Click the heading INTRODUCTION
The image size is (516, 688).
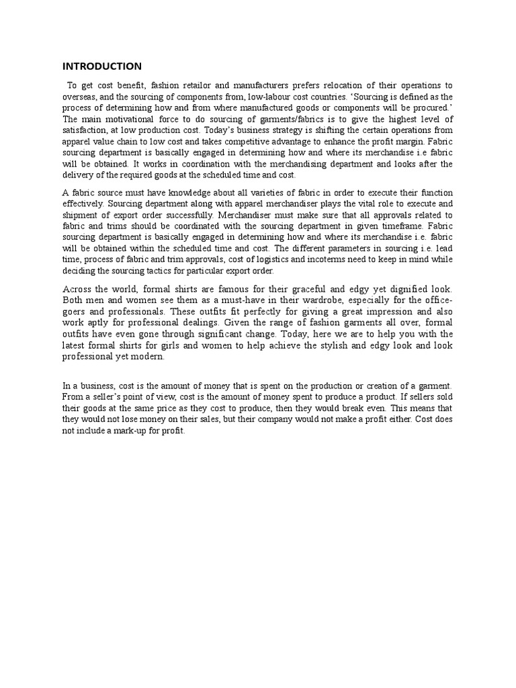(x=101, y=66)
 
